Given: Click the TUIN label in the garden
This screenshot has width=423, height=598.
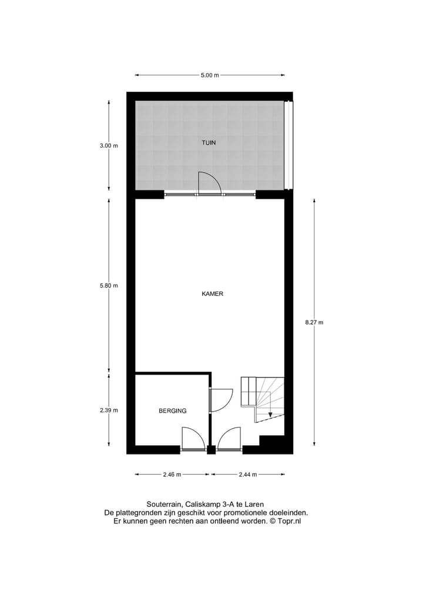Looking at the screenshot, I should click(x=209, y=142).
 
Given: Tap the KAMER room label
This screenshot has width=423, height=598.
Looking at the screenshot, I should click(x=212, y=294).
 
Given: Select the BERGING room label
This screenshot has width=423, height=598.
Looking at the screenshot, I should click(x=172, y=411).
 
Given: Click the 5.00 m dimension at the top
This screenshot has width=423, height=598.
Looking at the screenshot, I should click(x=210, y=75).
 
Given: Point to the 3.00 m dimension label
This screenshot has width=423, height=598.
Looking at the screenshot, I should click(x=109, y=146).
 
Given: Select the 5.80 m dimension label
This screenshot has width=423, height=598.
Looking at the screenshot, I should click(x=109, y=286).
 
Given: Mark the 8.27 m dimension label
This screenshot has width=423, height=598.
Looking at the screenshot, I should click(x=314, y=322).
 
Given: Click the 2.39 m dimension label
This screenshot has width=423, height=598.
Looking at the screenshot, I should click(x=109, y=410).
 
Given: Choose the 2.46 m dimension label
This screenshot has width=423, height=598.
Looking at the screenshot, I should click(x=172, y=474).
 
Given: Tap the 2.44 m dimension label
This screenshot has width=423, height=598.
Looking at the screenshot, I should click(x=247, y=474).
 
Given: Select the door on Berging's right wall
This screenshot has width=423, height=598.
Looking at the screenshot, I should click(x=221, y=400).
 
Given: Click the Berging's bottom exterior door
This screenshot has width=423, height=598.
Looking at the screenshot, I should click(x=193, y=439).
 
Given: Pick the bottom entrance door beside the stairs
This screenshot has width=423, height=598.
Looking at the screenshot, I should click(x=229, y=439).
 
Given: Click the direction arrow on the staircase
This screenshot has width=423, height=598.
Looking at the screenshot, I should click(x=270, y=415).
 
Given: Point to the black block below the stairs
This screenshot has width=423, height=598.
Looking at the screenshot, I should click(x=272, y=442).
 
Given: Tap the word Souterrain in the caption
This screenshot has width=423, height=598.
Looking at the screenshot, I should click(x=163, y=504).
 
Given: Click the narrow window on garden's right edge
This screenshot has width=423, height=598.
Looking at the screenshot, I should click(x=287, y=145).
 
